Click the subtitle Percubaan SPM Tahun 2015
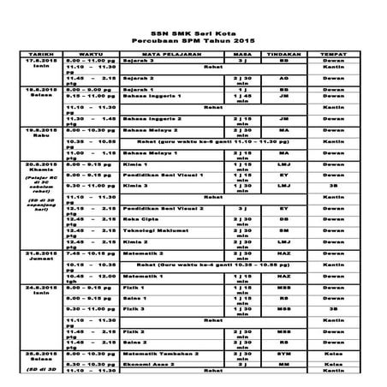193,39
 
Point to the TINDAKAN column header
283,54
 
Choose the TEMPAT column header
334,54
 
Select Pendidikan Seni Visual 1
159,173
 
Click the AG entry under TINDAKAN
283,77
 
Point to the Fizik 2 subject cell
135,330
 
